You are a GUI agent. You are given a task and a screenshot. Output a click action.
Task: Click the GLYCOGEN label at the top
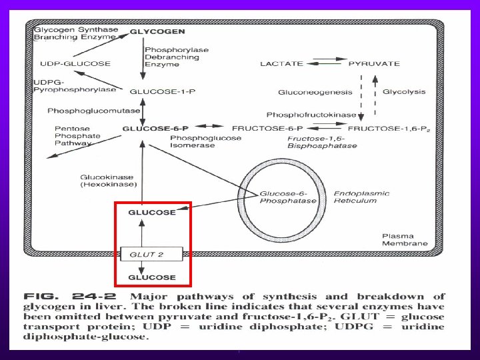pos(157,31)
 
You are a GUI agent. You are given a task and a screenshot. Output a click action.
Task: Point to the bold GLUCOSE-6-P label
pos(155,128)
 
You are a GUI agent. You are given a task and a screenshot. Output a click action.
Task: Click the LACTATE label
pos(281,64)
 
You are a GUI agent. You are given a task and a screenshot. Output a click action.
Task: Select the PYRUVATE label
pos(374,64)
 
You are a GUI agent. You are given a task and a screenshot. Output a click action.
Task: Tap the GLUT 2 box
pos(151,254)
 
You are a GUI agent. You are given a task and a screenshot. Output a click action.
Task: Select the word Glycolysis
pos(403,91)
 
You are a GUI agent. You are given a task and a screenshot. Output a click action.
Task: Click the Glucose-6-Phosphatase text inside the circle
pos(287,195)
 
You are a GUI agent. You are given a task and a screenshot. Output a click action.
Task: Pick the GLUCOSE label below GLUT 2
pos(151,277)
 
